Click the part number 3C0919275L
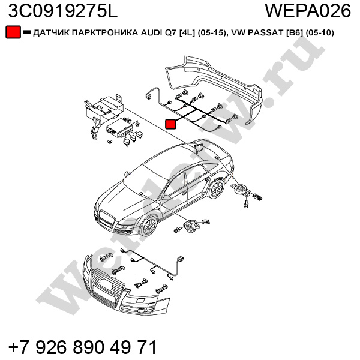pyautogui.click(x=62, y=11)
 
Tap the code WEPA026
pyautogui.click(x=308, y=11)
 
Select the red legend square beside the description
pyautogui.click(x=13, y=32)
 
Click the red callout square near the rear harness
pyautogui.click(x=170, y=124)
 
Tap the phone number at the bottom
pyautogui.click(x=82, y=346)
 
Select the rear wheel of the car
pyautogui.click(x=216, y=188)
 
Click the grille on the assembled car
pyautogui.click(x=107, y=220)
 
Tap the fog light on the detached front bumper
pyautogui.click(x=140, y=311)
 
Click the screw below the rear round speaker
pyautogui.click(x=246, y=204)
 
